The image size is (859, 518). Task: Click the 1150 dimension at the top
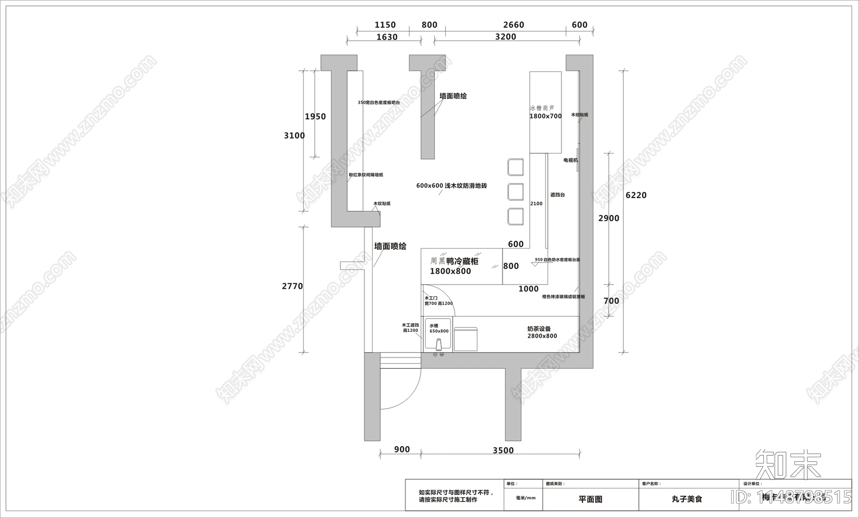(385, 25)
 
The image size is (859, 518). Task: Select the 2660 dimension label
(513, 25)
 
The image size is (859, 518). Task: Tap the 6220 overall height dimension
(636, 195)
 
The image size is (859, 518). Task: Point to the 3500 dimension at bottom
(503, 450)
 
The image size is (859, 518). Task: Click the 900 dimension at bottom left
(402, 450)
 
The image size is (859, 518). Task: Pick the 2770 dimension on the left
(293, 286)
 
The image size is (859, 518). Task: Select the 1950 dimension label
(315, 116)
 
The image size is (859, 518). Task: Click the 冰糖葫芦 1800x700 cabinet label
(545, 112)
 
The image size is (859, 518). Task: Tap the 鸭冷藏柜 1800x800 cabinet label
(454, 266)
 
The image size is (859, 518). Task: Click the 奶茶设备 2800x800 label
(541, 332)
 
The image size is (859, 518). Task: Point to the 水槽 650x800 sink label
(438, 329)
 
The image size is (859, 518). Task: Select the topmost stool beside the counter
(515, 167)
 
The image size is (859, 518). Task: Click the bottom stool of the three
(515, 216)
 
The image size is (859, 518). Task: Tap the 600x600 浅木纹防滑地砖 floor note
(451, 186)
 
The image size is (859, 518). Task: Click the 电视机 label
(570, 160)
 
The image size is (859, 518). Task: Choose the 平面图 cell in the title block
(590, 499)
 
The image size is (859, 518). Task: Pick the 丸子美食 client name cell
(687, 499)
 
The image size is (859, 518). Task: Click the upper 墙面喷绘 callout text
(453, 96)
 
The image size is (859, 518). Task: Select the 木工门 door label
(431, 298)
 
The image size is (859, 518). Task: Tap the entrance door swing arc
(412, 392)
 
